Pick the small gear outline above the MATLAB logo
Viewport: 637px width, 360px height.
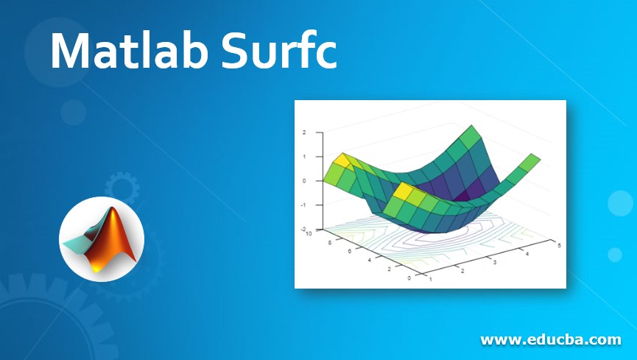pyautogui.click(x=121, y=188)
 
